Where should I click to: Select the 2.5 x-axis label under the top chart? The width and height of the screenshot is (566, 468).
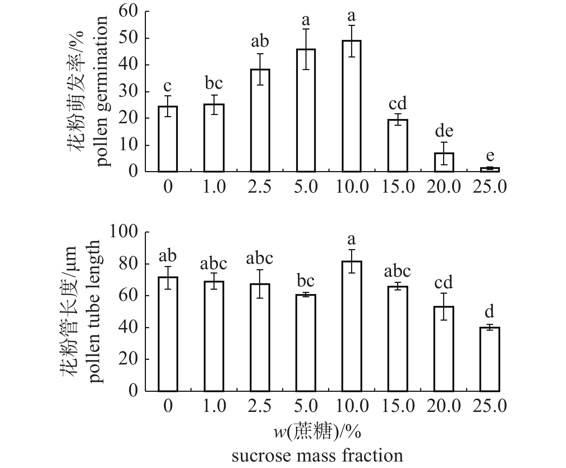259,187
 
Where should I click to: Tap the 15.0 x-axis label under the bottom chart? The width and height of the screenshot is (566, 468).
397,407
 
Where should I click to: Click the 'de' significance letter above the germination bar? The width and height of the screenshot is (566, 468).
444,131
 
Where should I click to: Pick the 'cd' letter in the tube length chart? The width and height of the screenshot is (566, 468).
443,283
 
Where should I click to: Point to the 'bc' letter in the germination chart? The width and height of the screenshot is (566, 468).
214,83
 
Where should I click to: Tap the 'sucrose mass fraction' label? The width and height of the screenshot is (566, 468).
317,456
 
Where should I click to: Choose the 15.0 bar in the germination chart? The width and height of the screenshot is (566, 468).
398,146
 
